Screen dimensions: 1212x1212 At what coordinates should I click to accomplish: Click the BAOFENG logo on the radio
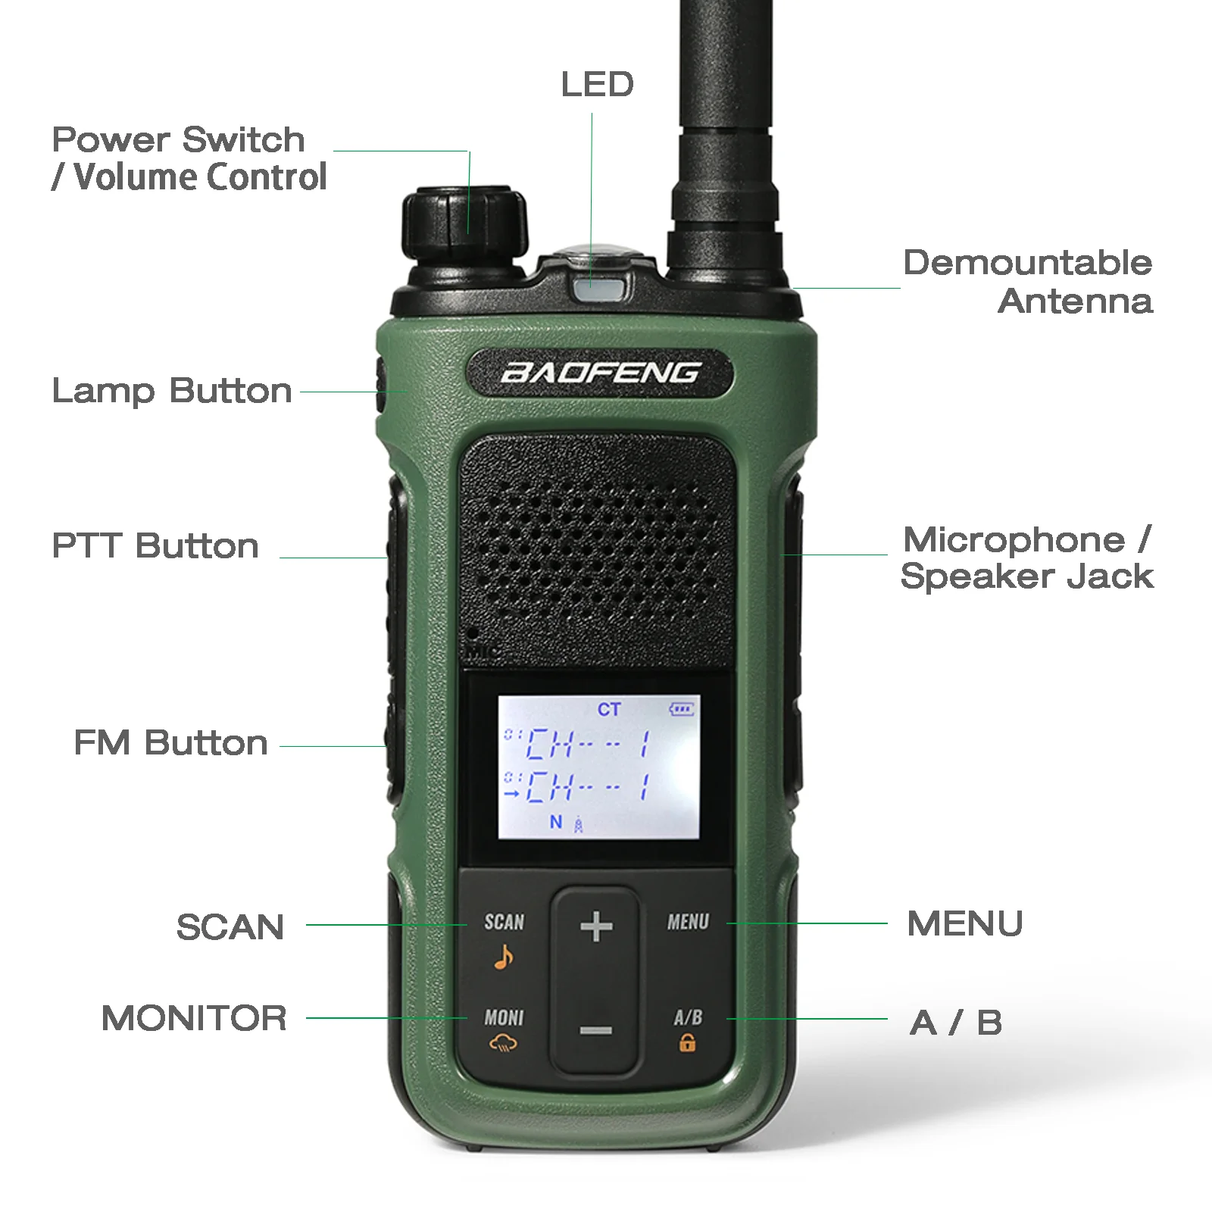coord(600,373)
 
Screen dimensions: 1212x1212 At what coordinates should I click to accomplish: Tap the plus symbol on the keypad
coord(596,926)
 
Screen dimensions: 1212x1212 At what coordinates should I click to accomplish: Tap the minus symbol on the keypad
coord(596,1030)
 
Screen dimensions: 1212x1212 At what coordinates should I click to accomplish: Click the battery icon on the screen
coord(681,710)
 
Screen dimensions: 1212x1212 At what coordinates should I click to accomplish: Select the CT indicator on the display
coord(609,710)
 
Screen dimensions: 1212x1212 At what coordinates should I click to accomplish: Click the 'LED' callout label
coord(597,84)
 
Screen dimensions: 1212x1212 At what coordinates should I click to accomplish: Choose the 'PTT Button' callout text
coord(155,546)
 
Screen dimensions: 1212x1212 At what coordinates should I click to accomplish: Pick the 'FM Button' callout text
coord(170,743)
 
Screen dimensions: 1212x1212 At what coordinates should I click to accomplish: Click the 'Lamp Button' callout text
coord(172,392)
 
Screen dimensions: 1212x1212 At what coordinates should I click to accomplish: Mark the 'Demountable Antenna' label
coord(1028,282)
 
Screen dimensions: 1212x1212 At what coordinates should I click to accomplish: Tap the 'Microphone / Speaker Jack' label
coord(1026,558)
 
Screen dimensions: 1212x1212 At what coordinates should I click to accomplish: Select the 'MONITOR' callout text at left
coord(194,1018)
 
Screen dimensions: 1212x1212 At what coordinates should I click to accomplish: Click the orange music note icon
coord(504,957)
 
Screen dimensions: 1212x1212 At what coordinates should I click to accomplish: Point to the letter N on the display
coord(556,822)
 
